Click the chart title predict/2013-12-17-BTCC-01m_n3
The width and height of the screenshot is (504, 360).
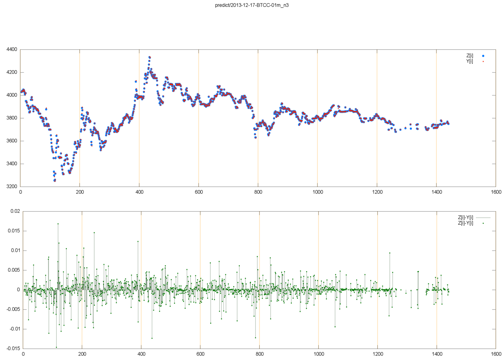coord(252,5)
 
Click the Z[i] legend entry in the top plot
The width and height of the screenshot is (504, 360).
coord(470,56)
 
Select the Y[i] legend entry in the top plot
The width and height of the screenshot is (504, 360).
coord(470,61)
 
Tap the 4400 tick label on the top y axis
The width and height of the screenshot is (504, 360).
coord(12,49)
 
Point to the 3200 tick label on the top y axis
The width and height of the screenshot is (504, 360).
coord(12,186)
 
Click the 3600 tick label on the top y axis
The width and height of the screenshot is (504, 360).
coord(12,141)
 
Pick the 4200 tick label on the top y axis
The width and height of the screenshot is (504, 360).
coord(12,72)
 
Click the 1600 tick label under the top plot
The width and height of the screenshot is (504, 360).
coord(496,192)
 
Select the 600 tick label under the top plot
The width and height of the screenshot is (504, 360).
coord(199,192)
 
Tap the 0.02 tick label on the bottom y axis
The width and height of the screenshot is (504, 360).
coord(15,211)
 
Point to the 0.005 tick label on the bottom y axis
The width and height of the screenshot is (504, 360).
coord(14,270)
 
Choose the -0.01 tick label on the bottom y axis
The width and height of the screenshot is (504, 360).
coord(14,329)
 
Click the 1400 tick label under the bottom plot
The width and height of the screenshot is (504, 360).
coord(437,354)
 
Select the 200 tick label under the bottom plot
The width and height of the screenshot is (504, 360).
coord(82,354)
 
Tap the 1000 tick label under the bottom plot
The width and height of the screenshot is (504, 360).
coord(319,354)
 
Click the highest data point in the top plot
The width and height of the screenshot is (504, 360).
coord(149,57)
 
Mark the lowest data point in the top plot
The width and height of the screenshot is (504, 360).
coord(54,180)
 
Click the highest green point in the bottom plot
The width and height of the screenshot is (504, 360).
coord(58,224)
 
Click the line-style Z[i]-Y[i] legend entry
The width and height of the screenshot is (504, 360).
coord(465,217)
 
